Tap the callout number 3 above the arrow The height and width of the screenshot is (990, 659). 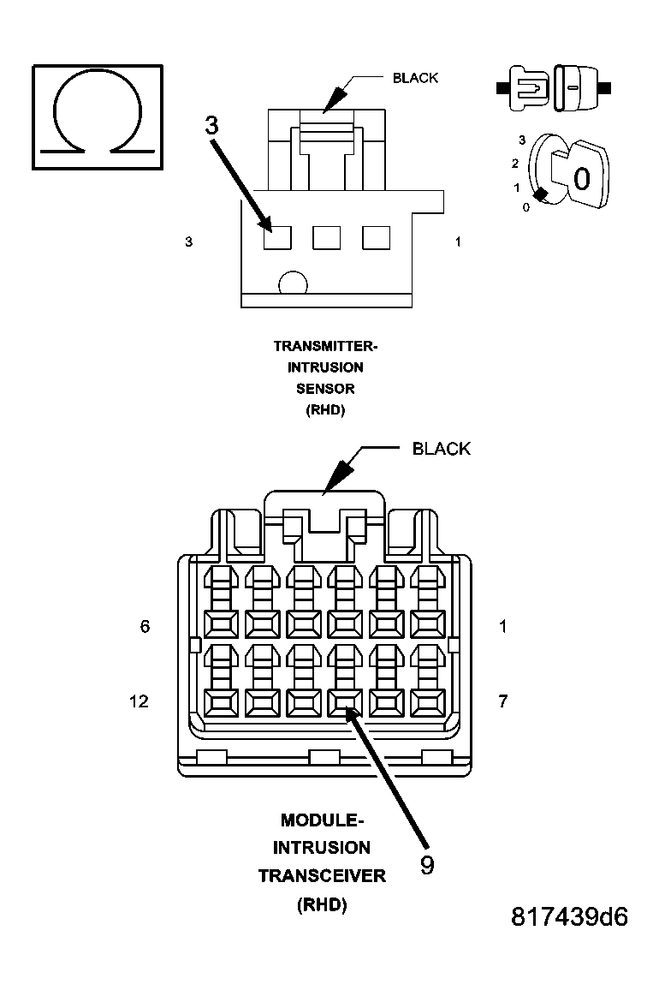point(211,125)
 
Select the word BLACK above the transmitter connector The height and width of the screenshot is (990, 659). point(415,78)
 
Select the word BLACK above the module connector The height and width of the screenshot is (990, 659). point(441,449)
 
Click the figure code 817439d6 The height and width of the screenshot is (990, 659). point(569,917)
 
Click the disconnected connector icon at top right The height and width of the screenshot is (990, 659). point(553,87)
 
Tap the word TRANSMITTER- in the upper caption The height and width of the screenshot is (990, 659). point(325,346)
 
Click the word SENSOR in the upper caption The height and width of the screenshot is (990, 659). point(325,388)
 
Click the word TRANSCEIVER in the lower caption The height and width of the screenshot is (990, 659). point(322,876)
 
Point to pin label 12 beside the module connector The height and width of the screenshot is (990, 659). point(139,701)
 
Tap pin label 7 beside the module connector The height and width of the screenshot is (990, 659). point(502,701)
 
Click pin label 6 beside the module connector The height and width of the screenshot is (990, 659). point(145,627)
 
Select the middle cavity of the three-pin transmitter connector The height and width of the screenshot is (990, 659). point(327,237)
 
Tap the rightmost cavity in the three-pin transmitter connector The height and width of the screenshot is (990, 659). point(376,237)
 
